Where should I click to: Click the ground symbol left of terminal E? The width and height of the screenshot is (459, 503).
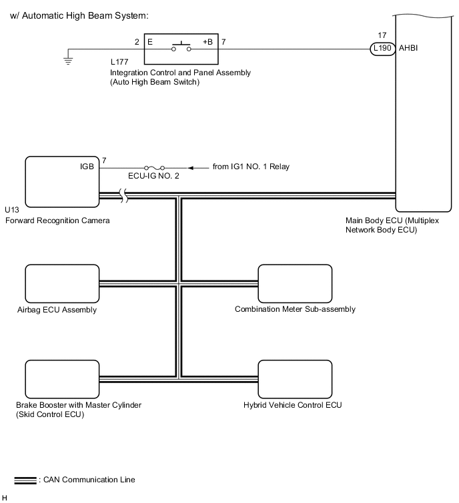pyautogui.click(x=68, y=61)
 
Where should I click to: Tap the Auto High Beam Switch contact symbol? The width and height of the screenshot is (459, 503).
pyautogui.click(x=181, y=47)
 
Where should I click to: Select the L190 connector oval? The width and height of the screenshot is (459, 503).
pyautogui.click(x=382, y=49)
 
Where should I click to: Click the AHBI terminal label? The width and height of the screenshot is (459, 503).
pyautogui.click(x=408, y=48)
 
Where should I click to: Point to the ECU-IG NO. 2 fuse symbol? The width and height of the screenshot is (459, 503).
pyautogui.click(x=155, y=168)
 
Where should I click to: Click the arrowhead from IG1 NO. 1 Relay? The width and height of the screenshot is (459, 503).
pyautogui.click(x=191, y=168)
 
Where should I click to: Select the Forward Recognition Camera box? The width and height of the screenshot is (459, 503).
pyautogui.click(x=62, y=182)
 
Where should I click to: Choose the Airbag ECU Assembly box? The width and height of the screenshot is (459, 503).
pyautogui.click(x=62, y=284)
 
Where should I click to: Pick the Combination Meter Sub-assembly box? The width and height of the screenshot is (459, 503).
pyautogui.click(x=295, y=284)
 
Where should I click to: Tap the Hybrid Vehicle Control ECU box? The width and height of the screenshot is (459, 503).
pyautogui.click(x=295, y=379)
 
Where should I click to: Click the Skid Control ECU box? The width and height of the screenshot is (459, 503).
pyautogui.click(x=62, y=379)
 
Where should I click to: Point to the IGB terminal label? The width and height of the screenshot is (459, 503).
pyautogui.click(x=87, y=167)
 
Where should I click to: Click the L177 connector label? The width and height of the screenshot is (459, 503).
pyautogui.click(x=119, y=62)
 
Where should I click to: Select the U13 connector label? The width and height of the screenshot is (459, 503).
pyautogui.click(x=12, y=210)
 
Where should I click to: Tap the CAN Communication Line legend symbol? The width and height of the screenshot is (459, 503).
pyautogui.click(x=25, y=480)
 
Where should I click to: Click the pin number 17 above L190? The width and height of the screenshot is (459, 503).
pyautogui.click(x=382, y=35)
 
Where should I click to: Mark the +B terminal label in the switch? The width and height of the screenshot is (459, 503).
pyautogui.click(x=207, y=42)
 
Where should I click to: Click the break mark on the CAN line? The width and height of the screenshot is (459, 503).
pyautogui.click(x=123, y=195)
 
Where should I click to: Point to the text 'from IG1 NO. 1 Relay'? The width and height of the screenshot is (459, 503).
pyautogui.click(x=251, y=167)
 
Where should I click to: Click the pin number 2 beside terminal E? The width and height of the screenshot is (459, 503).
pyautogui.click(x=137, y=42)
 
